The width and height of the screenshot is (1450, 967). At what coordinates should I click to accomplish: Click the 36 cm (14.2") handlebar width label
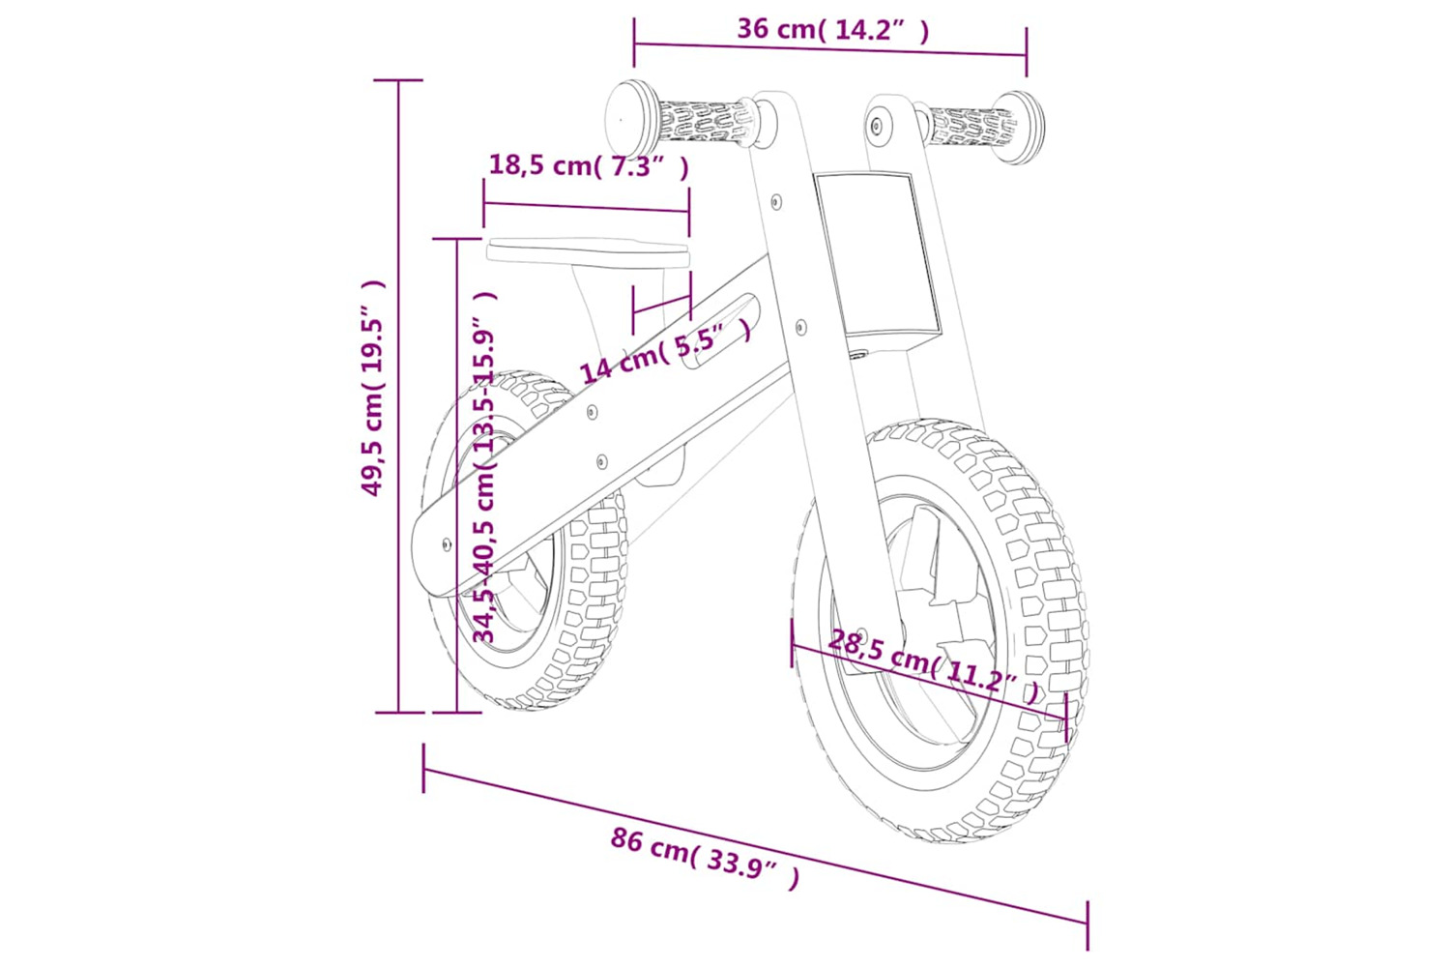(x=833, y=30)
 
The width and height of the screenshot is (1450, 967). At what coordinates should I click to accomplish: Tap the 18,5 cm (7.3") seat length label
(x=589, y=165)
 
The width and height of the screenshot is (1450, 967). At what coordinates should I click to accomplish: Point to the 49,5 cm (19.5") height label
(x=373, y=388)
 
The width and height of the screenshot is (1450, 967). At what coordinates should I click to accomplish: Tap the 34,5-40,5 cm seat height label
(x=484, y=466)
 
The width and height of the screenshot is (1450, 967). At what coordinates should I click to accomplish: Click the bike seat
(x=588, y=252)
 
